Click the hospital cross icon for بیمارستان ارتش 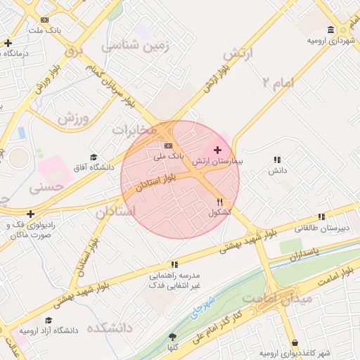[x=217, y=150]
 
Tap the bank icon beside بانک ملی [x=168, y=145]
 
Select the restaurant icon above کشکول [x=220, y=202]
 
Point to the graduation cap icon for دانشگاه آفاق [x=94, y=157]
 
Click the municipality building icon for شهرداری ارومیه [x=330, y=30]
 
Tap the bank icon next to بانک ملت [x=45, y=20]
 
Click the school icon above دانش [x=277, y=160]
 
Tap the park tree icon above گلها [x=172, y=337]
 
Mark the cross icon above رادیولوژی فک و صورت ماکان [x=30, y=214]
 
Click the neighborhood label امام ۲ [x=276, y=83]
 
